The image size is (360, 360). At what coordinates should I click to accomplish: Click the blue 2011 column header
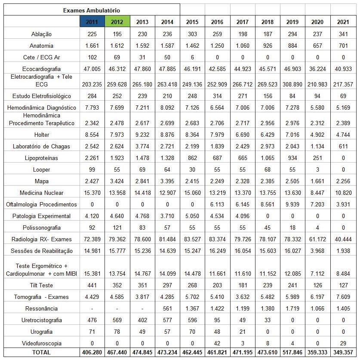92,22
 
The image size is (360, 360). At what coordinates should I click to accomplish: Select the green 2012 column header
117,22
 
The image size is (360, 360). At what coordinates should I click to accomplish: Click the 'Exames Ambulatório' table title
91,10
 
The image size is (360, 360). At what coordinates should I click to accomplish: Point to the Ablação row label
42,34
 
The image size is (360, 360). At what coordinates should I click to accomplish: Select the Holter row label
42,135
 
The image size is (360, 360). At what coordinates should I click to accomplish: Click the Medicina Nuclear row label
42,193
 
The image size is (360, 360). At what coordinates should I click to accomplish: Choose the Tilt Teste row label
42,285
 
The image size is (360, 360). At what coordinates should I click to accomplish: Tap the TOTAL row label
42,352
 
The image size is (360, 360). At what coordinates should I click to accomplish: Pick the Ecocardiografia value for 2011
92,69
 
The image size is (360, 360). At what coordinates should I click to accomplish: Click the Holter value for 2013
142,135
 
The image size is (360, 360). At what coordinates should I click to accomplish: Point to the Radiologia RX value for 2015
192,239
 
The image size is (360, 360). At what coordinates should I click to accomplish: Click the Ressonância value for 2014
167,308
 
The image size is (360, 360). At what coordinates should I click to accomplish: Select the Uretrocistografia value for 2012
117,320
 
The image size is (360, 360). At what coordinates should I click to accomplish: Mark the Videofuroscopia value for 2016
217,343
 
